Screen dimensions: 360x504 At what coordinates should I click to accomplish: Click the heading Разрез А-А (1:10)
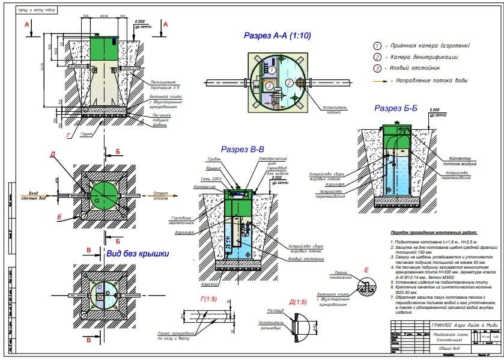click(277, 35)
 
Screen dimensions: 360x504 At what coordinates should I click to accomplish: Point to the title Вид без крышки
click(138, 254)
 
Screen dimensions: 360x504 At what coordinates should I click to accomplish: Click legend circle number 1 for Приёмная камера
click(378, 46)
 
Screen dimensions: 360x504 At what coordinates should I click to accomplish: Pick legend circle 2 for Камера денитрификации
click(378, 57)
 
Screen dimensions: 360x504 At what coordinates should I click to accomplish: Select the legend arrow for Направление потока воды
click(378, 80)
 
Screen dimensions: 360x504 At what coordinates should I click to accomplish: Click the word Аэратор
click(209, 282)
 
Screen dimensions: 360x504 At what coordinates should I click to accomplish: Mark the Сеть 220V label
click(212, 179)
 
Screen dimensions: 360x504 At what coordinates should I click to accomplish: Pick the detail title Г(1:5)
click(208, 299)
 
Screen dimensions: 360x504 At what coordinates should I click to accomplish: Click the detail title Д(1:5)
click(299, 302)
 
